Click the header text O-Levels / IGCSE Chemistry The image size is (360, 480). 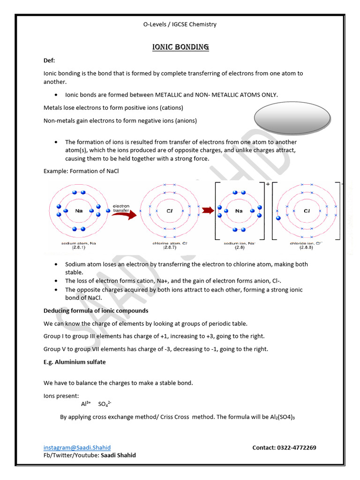pos(180,24)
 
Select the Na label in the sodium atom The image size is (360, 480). pos(79,211)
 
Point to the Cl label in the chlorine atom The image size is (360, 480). pos(171,211)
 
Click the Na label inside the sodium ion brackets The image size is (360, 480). pos(239,211)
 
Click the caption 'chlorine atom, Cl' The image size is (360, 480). pos(171,244)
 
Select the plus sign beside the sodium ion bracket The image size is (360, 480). pos(268,185)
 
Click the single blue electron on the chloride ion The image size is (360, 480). pos(278,218)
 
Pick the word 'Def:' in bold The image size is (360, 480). pos(49,60)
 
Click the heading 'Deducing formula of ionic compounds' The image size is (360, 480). pos(96,310)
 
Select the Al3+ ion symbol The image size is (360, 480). pos(86,404)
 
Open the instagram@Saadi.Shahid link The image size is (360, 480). pos(77,448)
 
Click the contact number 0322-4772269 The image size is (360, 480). pos(284,448)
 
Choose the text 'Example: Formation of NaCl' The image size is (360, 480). pos(81,171)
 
